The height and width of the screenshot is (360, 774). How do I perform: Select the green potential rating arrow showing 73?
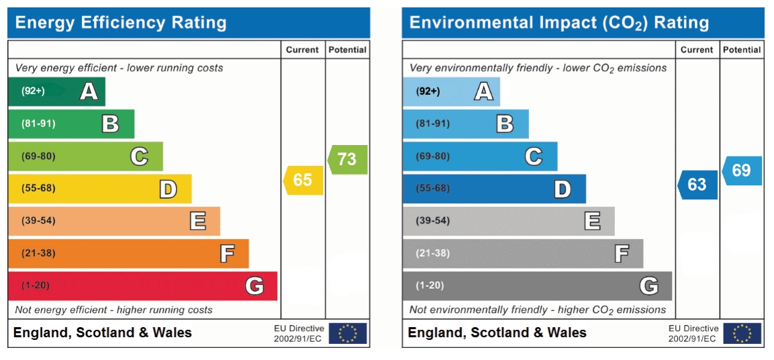[348, 159]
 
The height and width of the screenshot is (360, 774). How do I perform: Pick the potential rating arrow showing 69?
[742, 171]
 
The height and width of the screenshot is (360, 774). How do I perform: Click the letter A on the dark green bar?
[89, 91]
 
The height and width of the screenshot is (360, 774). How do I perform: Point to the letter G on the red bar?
[254, 286]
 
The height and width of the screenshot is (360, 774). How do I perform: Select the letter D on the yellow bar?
[168, 189]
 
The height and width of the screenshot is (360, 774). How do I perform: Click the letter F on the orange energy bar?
[227, 254]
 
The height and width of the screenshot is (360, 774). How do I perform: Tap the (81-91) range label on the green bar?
[38, 124]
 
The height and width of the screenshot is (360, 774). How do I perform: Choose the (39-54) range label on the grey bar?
[433, 221]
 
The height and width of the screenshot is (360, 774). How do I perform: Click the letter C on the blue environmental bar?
[533, 156]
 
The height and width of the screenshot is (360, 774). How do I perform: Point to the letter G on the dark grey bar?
[648, 286]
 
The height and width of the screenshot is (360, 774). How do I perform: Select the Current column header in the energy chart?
[302, 50]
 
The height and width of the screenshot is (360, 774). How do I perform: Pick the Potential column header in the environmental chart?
[742, 50]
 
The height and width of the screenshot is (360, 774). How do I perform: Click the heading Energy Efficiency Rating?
[121, 23]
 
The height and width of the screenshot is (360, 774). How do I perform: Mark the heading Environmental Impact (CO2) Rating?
[559, 23]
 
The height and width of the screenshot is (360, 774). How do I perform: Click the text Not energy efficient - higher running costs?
[113, 310]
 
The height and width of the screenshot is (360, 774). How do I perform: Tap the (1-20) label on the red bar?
[36, 285]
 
